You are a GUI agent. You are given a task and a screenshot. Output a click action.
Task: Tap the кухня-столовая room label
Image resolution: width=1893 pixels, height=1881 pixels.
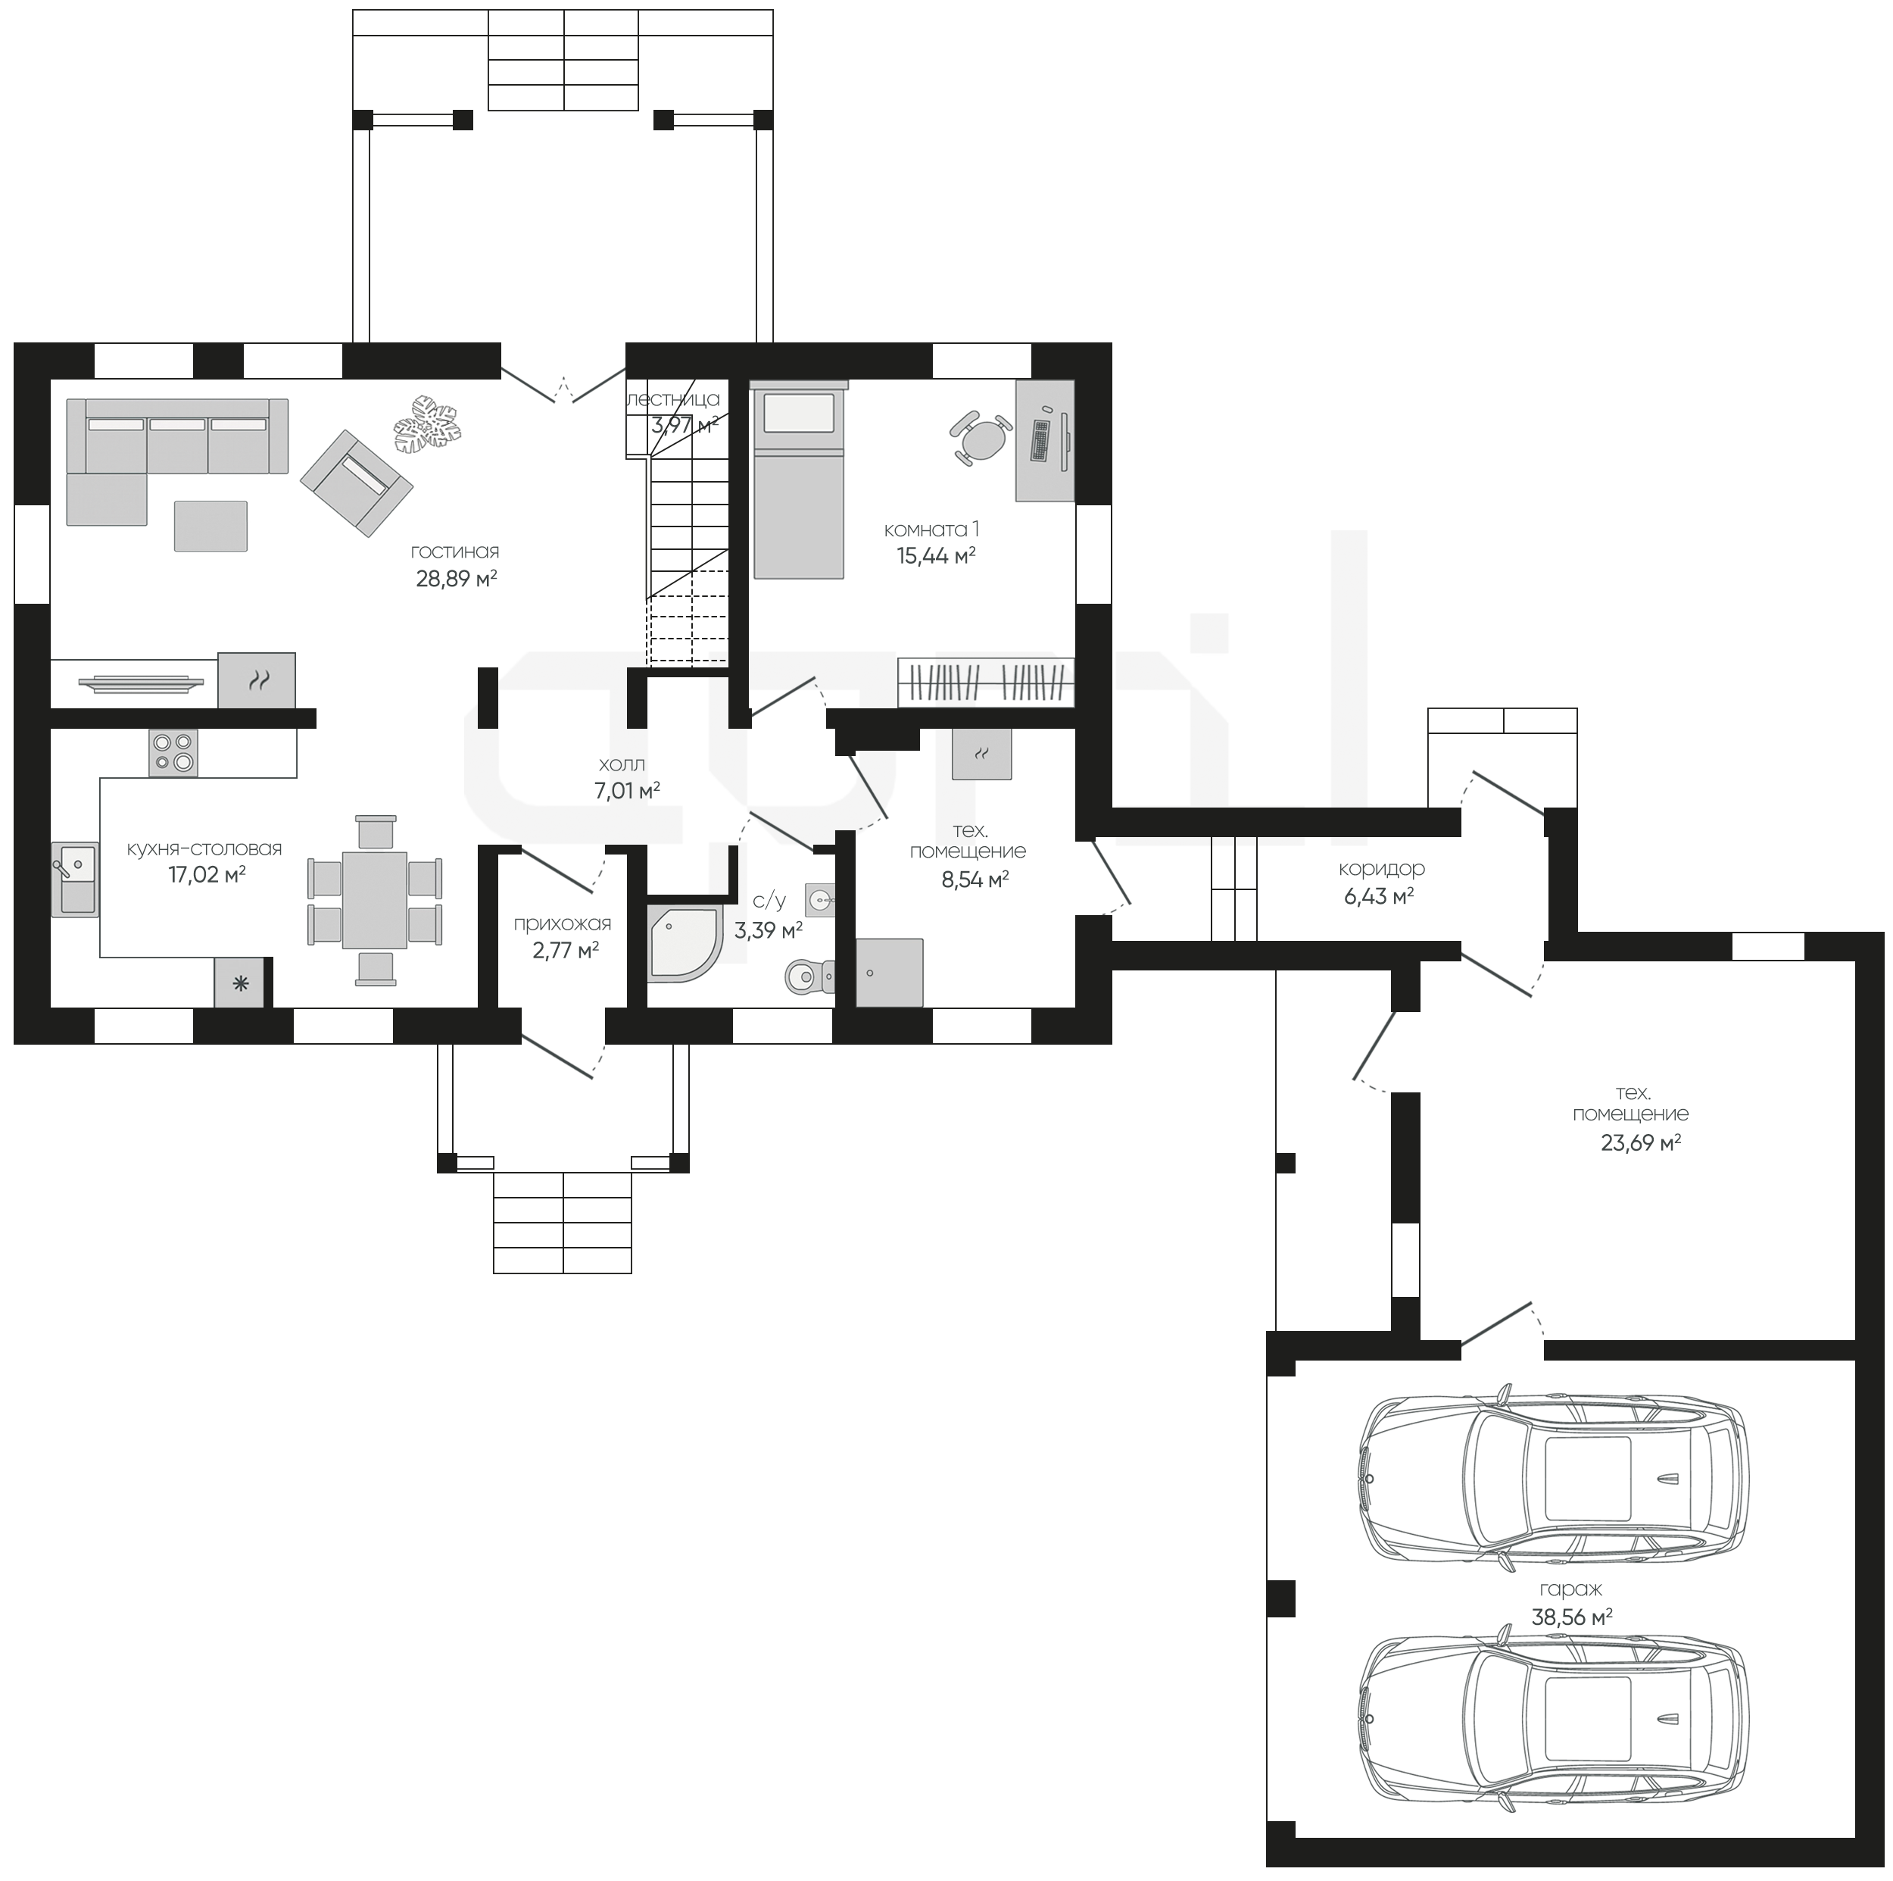tap(204, 849)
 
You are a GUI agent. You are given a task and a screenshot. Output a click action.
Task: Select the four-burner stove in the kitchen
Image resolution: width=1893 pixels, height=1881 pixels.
tap(173, 753)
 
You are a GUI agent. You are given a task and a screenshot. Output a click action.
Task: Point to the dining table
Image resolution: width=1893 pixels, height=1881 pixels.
tap(374, 900)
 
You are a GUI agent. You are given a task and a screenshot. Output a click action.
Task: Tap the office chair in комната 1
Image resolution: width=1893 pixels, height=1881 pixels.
tap(980, 440)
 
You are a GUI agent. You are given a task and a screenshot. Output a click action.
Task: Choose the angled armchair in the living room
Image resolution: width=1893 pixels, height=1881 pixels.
tap(357, 483)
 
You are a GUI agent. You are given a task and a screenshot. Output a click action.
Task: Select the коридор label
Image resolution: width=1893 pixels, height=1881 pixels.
tap(1382, 868)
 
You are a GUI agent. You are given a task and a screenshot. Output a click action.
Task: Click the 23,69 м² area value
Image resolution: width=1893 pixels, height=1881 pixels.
tap(1641, 1143)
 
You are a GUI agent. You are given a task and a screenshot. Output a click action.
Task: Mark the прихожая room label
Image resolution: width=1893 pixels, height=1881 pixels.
tap(563, 924)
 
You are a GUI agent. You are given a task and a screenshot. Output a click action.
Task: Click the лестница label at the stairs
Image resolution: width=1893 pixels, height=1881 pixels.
tap(673, 399)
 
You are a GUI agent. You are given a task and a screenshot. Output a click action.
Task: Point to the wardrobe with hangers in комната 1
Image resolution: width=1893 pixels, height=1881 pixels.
tap(986, 681)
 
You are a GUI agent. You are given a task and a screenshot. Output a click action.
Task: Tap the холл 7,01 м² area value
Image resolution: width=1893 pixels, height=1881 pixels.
tap(627, 791)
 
